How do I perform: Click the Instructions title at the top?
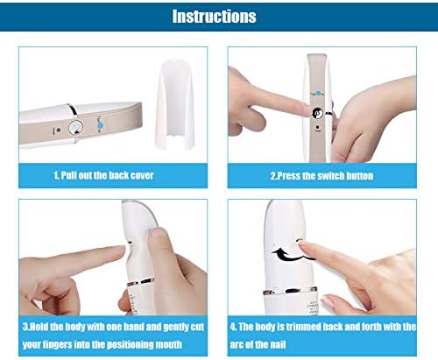pyautogui.click(x=214, y=17)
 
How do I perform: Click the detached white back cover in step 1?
pyautogui.click(x=174, y=104)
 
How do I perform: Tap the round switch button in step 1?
pyautogui.click(x=76, y=128)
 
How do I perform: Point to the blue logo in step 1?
pyautogui.click(x=100, y=124)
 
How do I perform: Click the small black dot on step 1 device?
pyautogui.click(x=59, y=131)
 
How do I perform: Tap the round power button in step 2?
pyautogui.click(x=318, y=113)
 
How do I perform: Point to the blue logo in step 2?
pyautogui.click(x=318, y=94)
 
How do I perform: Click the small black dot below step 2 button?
pyautogui.click(x=318, y=128)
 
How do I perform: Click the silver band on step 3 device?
pyautogui.click(x=140, y=282)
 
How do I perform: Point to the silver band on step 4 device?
pyautogui.click(x=290, y=291)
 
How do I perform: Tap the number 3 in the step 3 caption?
pyautogui.click(x=25, y=327)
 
